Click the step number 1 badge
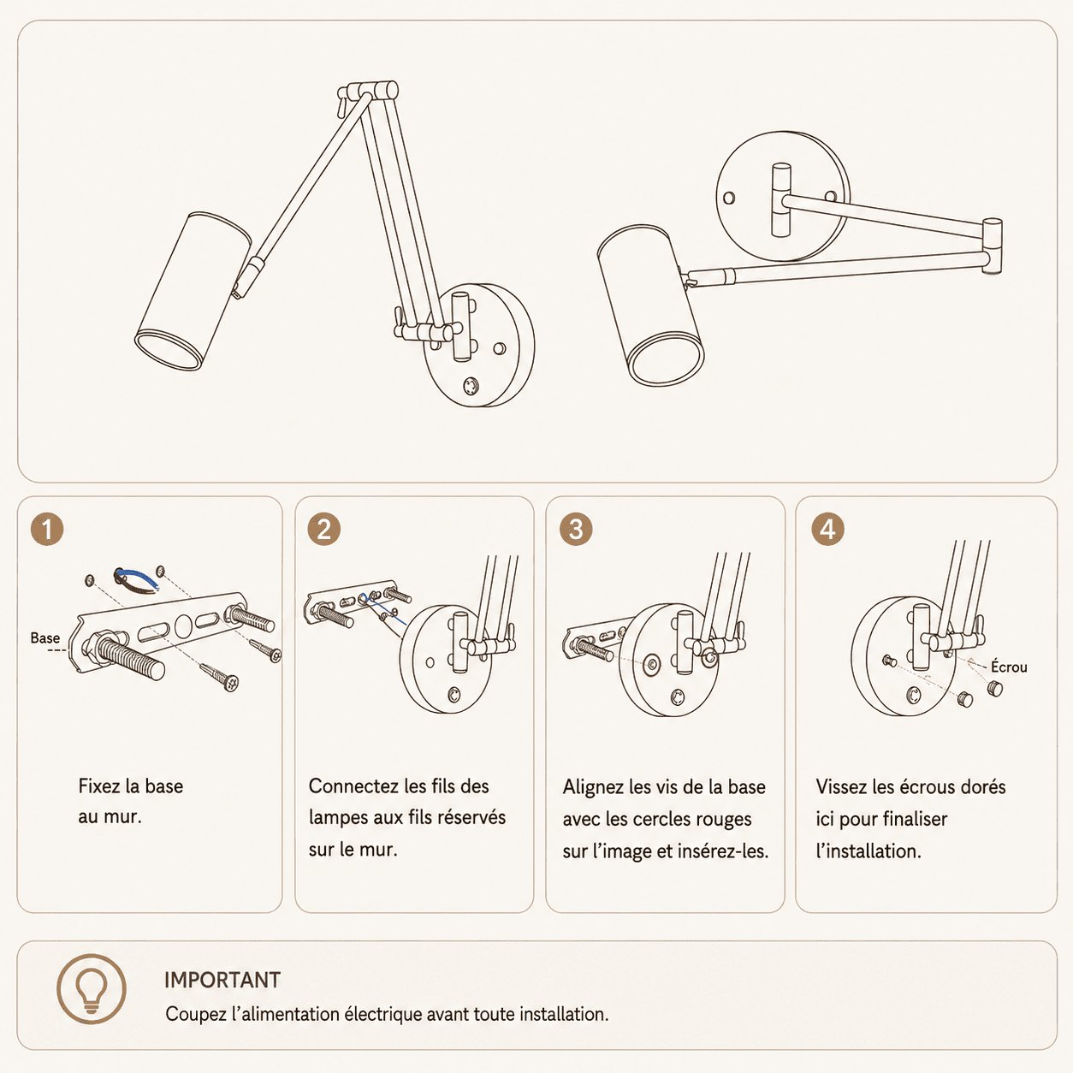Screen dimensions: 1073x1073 pyautogui.click(x=47, y=529)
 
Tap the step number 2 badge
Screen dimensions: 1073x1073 pyautogui.click(x=324, y=529)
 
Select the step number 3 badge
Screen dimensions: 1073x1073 pyautogui.click(x=576, y=529)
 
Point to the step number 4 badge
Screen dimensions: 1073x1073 pyautogui.click(x=828, y=529)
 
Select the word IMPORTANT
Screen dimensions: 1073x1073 pyautogui.click(x=222, y=981)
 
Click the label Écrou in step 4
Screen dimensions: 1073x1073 pyautogui.click(x=1009, y=667)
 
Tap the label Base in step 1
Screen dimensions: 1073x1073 pyautogui.click(x=45, y=638)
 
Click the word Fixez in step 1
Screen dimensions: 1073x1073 pyautogui.click(x=99, y=786)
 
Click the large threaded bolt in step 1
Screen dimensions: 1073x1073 pyautogui.click(x=130, y=656)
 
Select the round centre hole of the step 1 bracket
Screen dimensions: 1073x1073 pyautogui.click(x=183, y=625)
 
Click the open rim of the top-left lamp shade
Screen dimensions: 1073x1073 pyautogui.click(x=169, y=350)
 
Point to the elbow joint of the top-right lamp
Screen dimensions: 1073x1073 pyautogui.click(x=993, y=246)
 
